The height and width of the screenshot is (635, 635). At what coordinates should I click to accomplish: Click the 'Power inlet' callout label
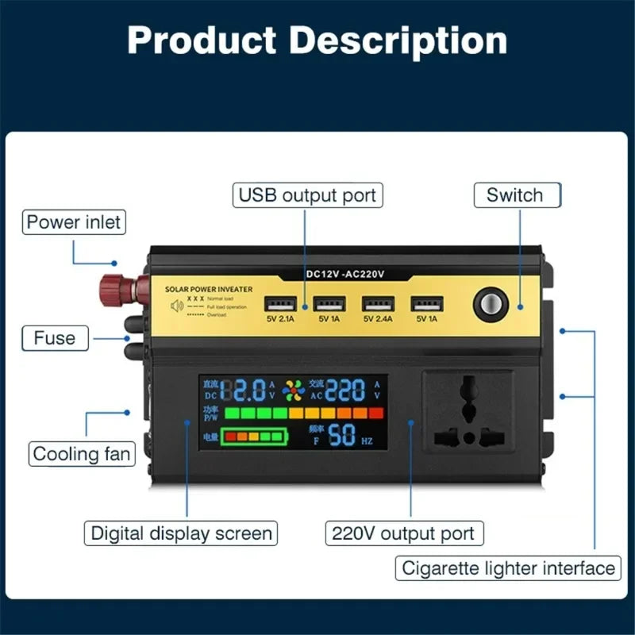(x=75, y=221)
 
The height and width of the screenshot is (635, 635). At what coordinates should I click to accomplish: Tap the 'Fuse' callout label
(x=54, y=338)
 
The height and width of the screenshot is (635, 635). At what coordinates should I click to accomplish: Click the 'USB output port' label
(x=307, y=194)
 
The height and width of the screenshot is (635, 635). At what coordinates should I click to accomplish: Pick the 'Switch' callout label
(x=515, y=195)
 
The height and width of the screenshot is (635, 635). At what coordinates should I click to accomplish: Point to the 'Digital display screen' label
(x=181, y=533)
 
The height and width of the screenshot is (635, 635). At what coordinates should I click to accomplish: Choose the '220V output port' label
(x=404, y=533)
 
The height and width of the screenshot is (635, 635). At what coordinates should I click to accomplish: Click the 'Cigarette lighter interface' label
(x=509, y=568)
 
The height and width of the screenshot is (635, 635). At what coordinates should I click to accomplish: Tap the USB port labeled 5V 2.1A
(x=280, y=304)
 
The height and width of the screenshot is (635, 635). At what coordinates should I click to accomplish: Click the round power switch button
(x=489, y=306)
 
